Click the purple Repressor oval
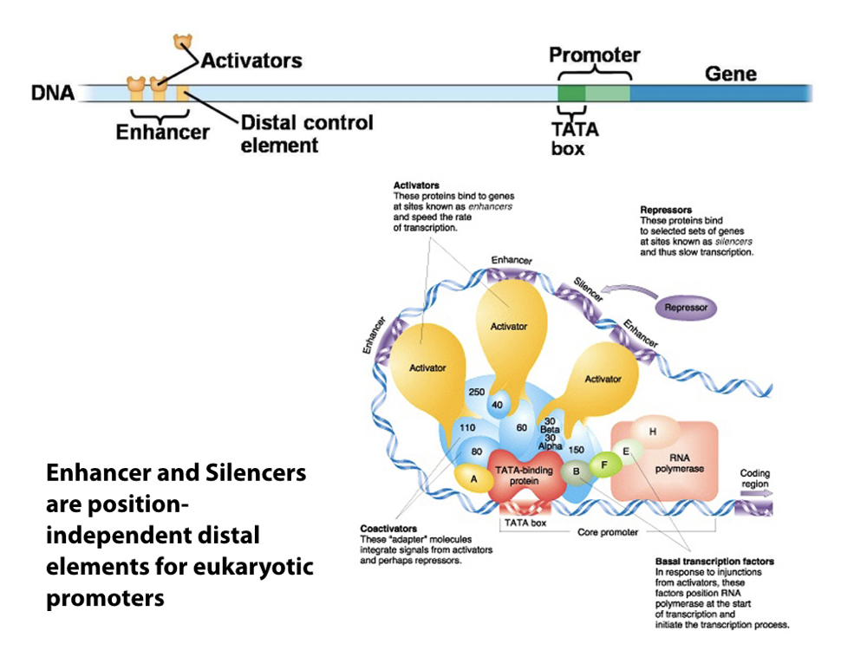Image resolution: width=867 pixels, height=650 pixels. tap(685, 307)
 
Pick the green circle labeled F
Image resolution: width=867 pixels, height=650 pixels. tap(605, 465)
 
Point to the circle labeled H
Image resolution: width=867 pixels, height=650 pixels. tap(652, 431)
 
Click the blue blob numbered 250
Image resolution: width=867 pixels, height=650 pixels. tap(476, 393)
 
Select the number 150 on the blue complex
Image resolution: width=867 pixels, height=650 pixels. tap(577, 449)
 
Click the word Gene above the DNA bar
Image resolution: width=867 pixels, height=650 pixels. tap(730, 74)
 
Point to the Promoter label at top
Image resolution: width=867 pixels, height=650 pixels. tap(594, 55)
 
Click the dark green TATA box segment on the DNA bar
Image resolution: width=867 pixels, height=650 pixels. tap(570, 93)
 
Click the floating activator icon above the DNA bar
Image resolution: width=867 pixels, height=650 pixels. tap(183, 42)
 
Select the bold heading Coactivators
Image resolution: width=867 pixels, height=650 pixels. tap(388, 529)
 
